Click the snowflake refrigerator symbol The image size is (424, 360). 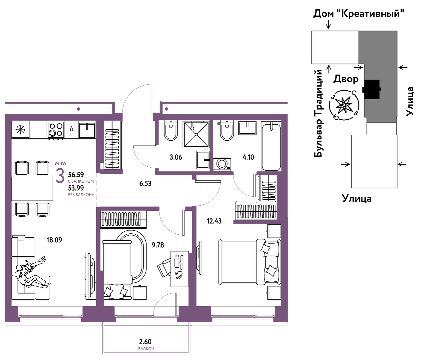[x=20, y=130]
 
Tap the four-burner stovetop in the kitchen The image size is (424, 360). [x=56, y=130]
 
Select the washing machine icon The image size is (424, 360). [x=222, y=164]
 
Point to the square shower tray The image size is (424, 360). [x=196, y=134]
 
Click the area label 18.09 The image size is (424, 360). [x=54, y=240]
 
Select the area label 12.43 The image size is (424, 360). [x=214, y=221]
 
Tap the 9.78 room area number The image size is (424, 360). [x=158, y=245]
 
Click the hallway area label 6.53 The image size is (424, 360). [x=146, y=183]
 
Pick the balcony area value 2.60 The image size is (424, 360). [x=145, y=342]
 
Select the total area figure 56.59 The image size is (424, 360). [x=76, y=175]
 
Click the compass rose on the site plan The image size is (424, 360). [x=344, y=105]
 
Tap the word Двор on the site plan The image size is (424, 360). [x=346, y=79]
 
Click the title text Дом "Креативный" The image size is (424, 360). [x=359, y=14]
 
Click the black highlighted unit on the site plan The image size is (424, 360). [x=371, y=89]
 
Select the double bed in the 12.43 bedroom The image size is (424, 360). [x=250, y=262]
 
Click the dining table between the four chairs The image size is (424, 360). [x=32, y=189]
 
